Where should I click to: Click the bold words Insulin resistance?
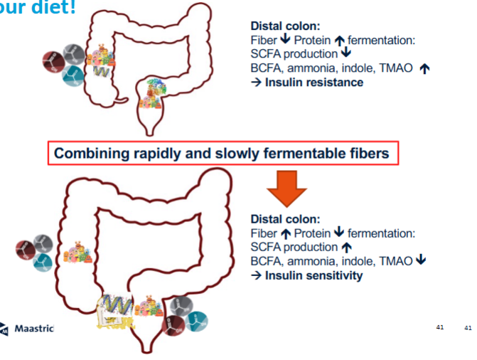pyautogui.click(x=313, y=83)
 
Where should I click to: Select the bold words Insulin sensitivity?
pyautogui.click(x=313, y=275)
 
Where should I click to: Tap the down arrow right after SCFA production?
pyautogui.click(x=346, y=54)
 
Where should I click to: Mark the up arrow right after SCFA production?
pyautogui.click(x=346, y=247)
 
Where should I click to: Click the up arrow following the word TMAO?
pyautogui.click(x=426, y=68)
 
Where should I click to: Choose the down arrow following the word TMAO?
pyautogui.click(x=422, y=261)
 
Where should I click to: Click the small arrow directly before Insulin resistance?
pyautogui.click(x=256, y=83)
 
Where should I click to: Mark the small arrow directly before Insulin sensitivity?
pyautogui.click(x=256, y=275)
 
